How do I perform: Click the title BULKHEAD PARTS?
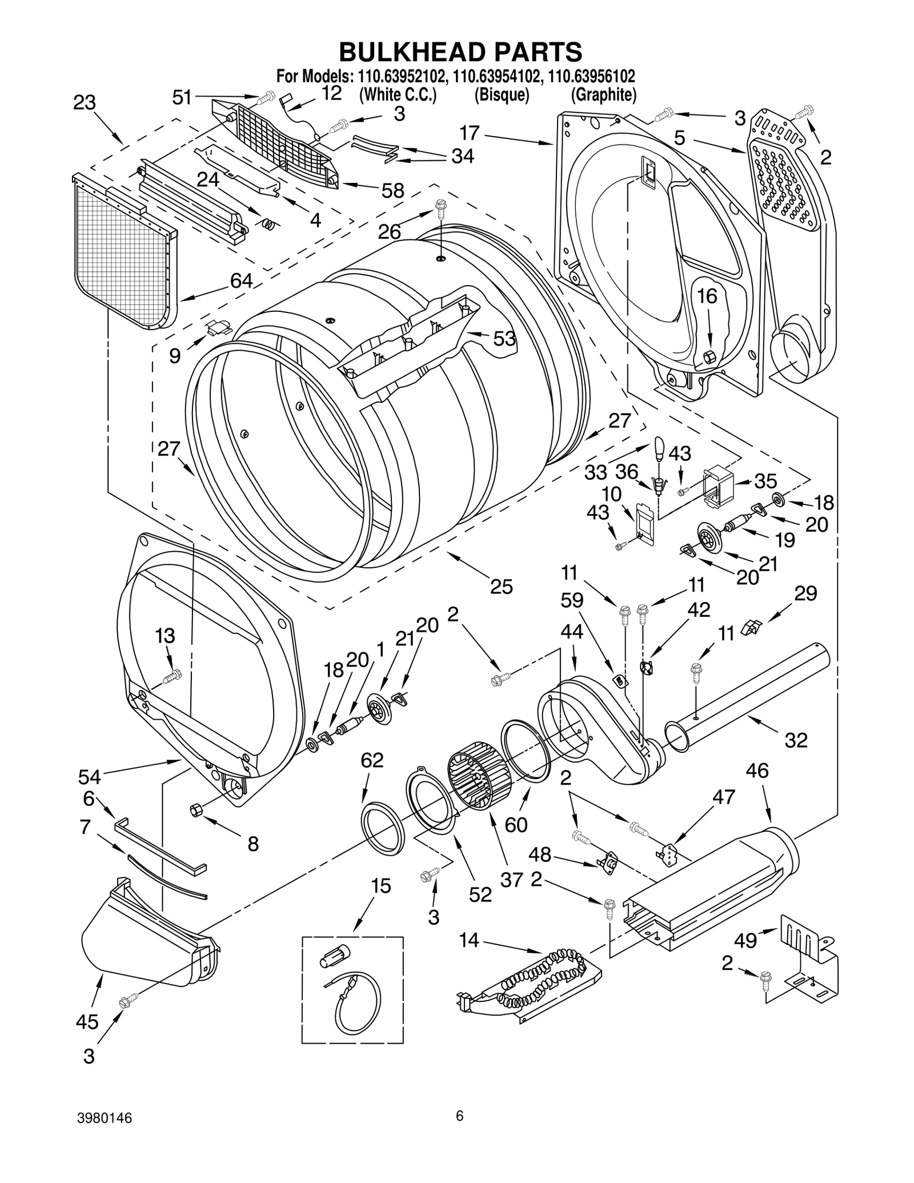point(460,51)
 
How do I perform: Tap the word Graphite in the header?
point(603,95)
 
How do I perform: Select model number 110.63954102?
point(495,76)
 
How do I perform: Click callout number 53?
point(504,339)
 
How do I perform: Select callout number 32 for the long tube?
point(796,740)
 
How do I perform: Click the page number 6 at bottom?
point(459,1132)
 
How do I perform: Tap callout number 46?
point(757,771)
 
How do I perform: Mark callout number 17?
point(470,133)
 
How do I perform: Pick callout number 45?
point(87,1021)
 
